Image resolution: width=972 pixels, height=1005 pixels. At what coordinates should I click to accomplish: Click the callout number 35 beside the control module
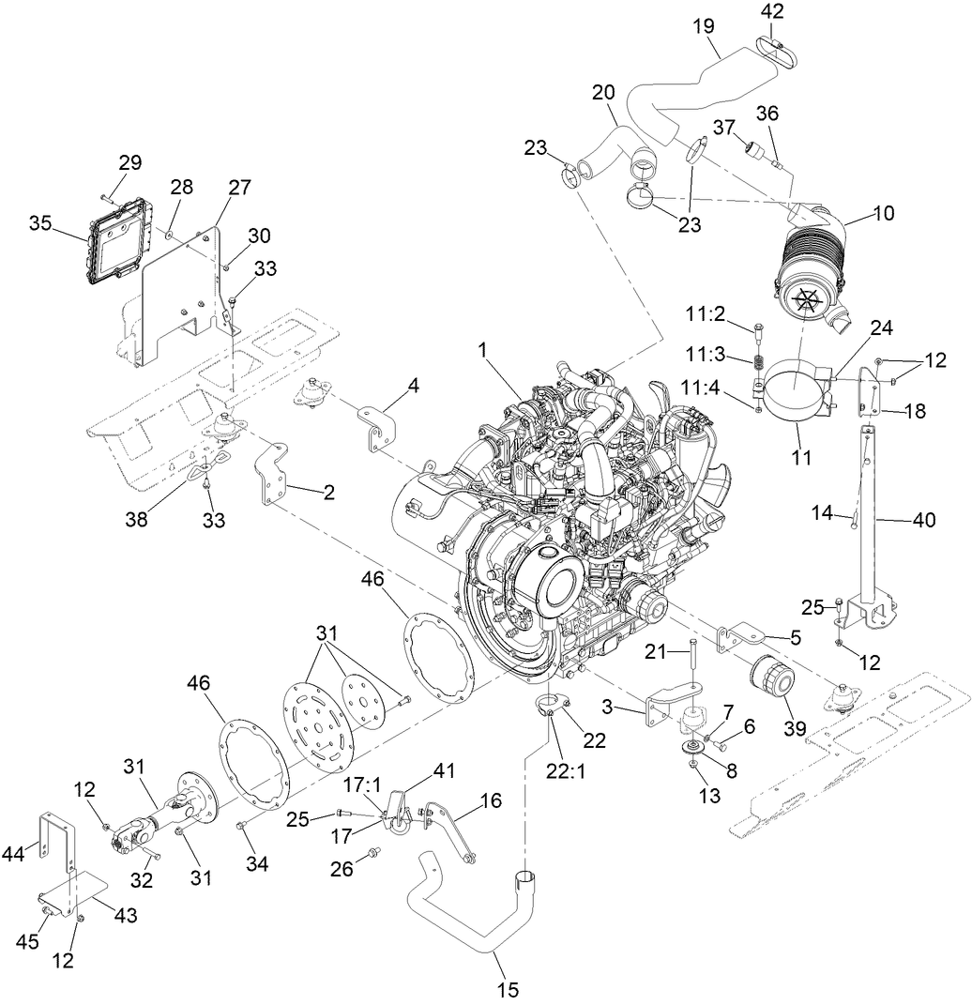[39, 223]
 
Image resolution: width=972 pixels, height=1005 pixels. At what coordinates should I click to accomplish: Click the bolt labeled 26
[376, 853]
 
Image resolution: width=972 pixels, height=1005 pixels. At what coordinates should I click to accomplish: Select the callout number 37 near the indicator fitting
[723, 127]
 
